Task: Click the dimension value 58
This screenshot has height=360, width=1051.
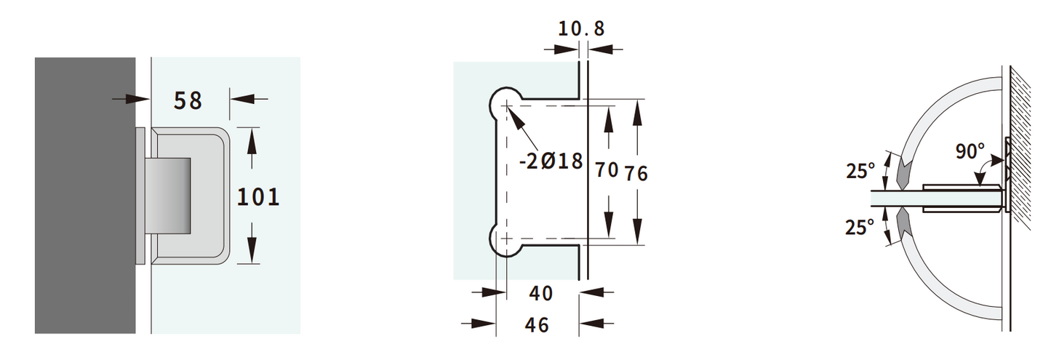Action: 188,100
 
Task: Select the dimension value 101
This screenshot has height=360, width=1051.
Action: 258,196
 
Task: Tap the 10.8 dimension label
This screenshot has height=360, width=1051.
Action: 580,29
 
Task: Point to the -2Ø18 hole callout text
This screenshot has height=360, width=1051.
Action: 551,161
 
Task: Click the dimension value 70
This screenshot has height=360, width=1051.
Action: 606,171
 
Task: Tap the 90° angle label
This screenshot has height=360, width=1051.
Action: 970,152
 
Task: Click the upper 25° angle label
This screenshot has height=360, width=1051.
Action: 860,172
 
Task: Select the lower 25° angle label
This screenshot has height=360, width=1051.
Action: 860,228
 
